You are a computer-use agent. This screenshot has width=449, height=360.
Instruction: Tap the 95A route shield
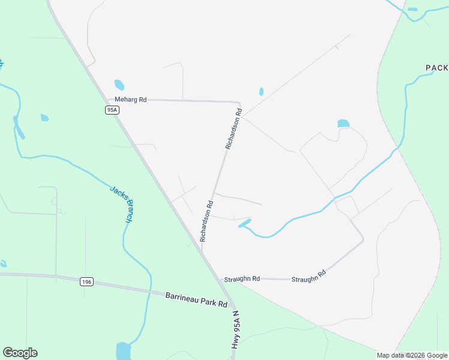[x=111, y=109]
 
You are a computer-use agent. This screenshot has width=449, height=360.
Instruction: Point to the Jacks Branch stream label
[x=120, y=205]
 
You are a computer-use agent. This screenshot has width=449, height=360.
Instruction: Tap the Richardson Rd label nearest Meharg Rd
[x=234, y=128]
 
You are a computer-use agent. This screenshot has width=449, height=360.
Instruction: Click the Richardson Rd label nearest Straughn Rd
[x=206, y=221]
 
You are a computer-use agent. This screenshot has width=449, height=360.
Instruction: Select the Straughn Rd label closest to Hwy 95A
[x=242, y=279]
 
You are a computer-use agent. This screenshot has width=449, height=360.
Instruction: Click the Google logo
[x=20, y=353]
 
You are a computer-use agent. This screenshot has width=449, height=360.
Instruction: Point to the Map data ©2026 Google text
[x=412, y=355]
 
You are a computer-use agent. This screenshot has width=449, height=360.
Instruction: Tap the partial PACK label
[x=437, y=68]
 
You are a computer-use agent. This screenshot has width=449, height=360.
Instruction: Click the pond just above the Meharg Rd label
[x=119, y=85]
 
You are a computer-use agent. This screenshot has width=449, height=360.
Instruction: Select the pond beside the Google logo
[x=123, y=350]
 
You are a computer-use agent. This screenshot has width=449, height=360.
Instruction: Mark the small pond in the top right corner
[x=412, y=10]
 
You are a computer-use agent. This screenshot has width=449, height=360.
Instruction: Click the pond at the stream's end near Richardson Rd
[x=245, y=223]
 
